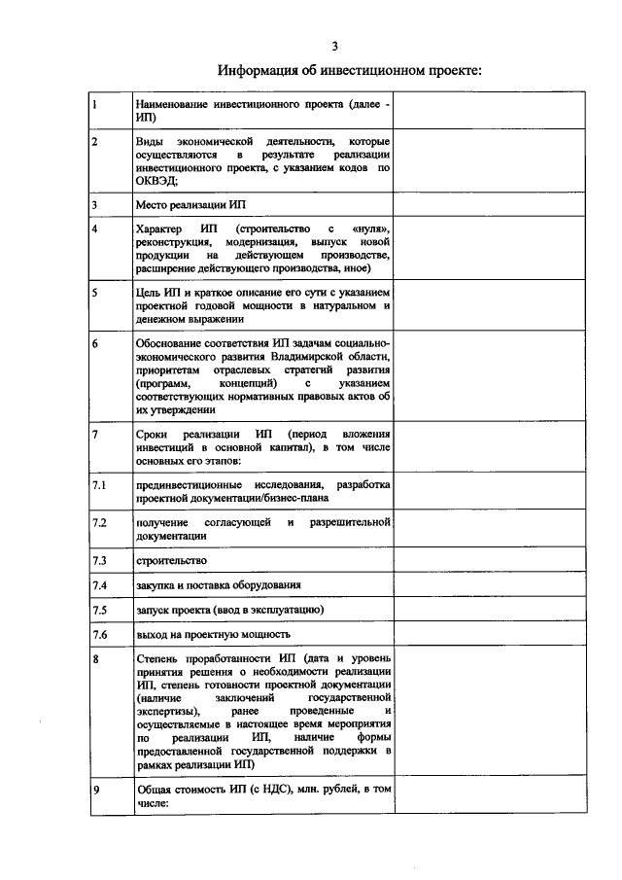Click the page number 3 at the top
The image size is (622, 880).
(x=334, y=46)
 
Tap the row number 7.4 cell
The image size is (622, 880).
(x=109, y=584)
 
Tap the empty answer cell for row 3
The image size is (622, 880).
(x=466, y=205)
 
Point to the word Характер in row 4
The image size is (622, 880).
(x=158, y=229)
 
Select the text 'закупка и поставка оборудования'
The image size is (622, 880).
(x=218, y=584)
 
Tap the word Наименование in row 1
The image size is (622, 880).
(x=177, y=103)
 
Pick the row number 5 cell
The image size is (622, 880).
(x=109, y=304)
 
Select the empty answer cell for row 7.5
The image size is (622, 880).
(x=466, y=609)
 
